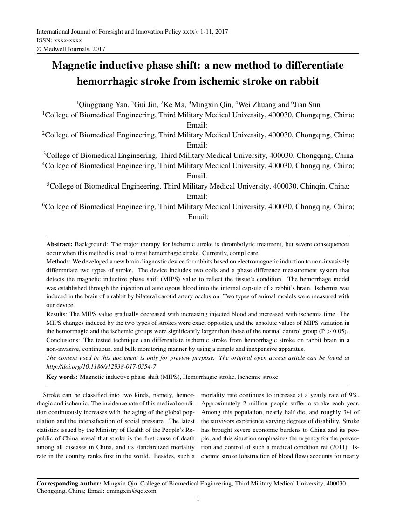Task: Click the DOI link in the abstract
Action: [x=101, y=366]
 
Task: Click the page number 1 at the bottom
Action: [x=198, y=499]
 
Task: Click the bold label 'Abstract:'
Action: [x=59, y=244]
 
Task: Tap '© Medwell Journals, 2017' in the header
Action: [x=71, y=49]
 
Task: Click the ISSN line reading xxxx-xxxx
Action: [x=59, y=40]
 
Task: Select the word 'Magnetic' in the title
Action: [x=76, y=66]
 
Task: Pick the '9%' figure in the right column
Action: [x=354, y=395]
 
